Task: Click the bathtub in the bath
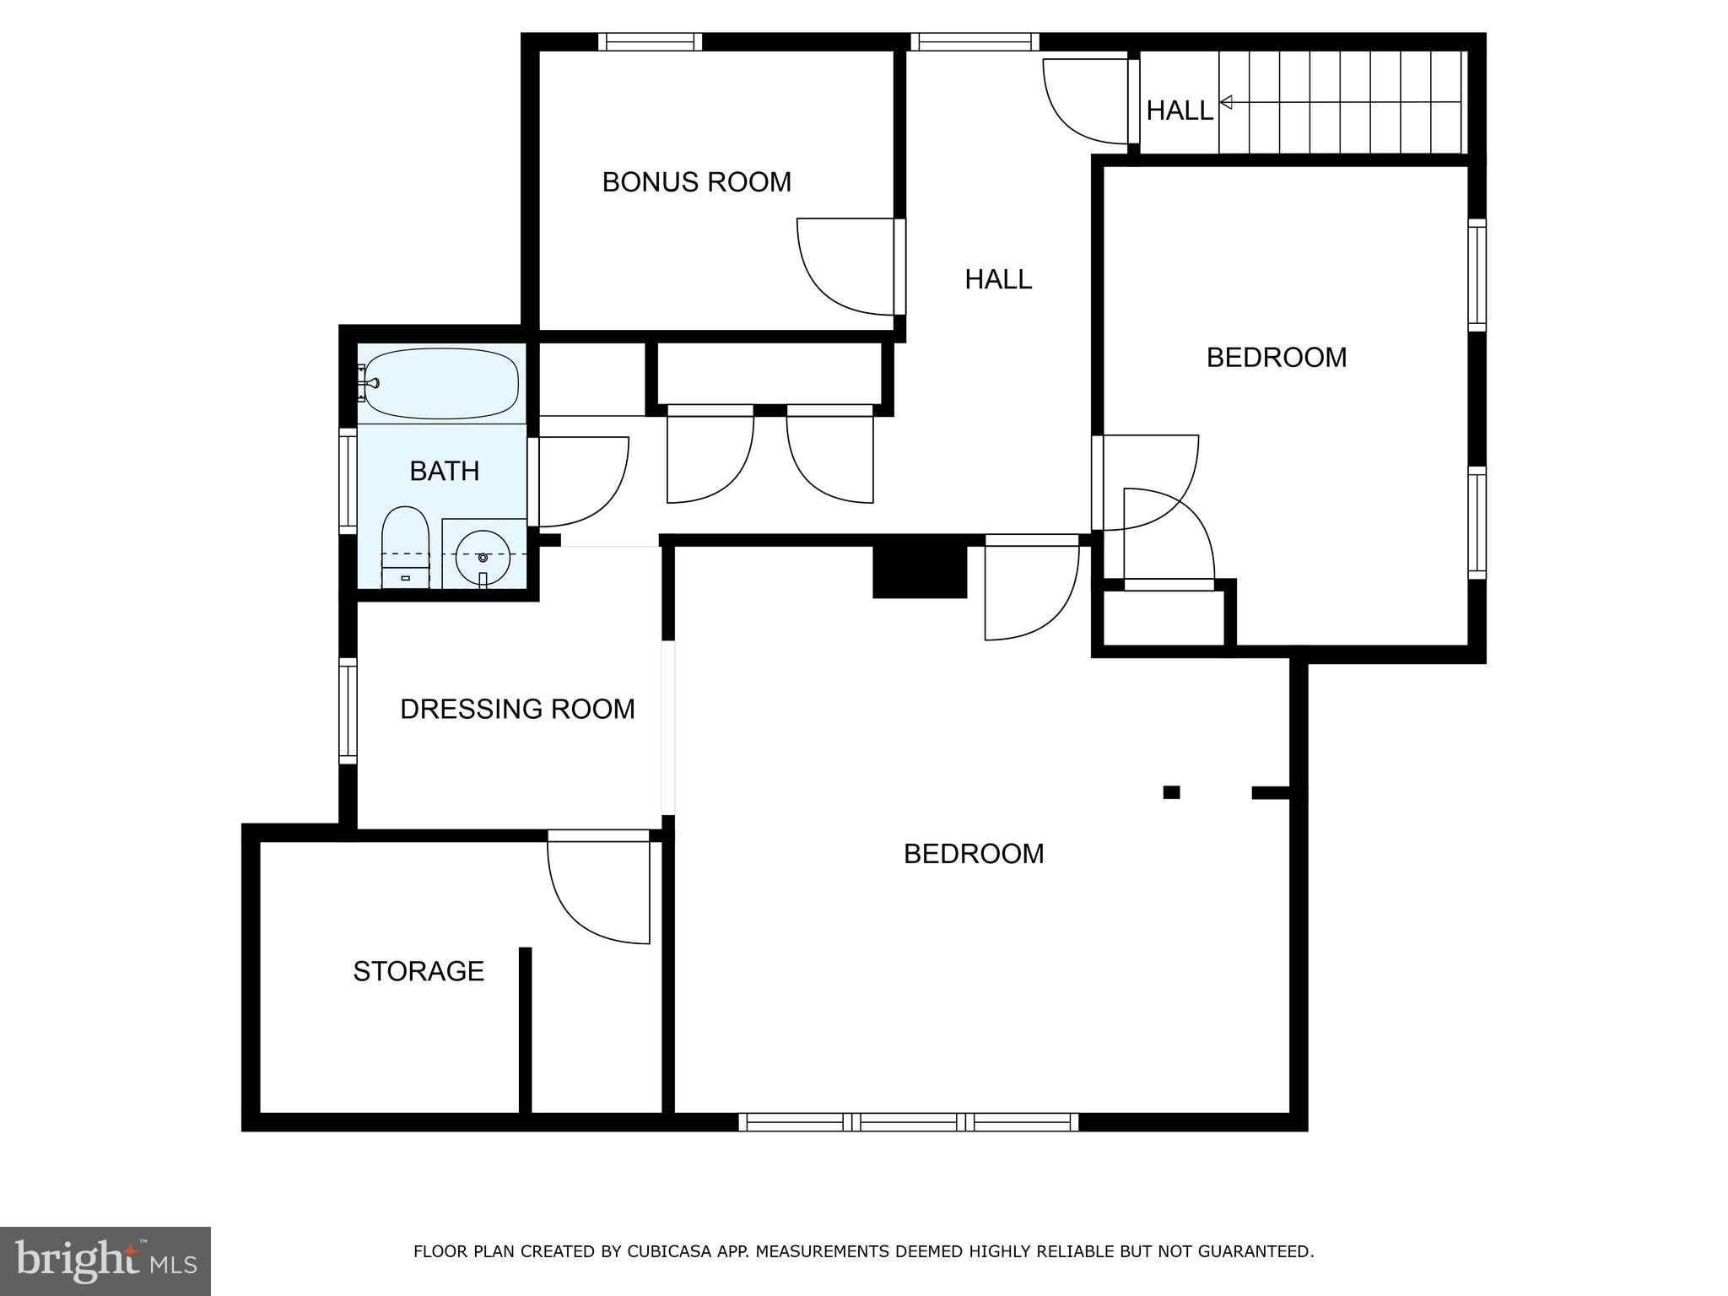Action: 441,384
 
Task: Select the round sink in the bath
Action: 483,557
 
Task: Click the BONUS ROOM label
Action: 696,182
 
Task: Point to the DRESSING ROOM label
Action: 517,709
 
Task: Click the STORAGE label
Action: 418,971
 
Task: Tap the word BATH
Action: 445,471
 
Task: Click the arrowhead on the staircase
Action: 1226,102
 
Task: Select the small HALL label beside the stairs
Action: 1179,111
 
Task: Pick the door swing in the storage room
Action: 595,894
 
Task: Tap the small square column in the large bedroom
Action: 1171,791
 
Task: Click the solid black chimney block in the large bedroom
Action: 919,571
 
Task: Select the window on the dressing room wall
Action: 348,710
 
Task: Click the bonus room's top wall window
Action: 650,41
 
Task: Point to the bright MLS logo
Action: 105,1261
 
